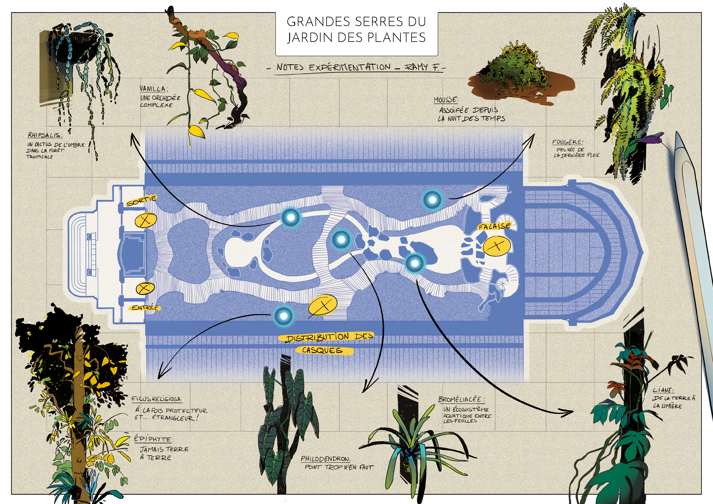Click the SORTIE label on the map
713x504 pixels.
tap(142, 200)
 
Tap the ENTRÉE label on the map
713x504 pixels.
tap(144, 307)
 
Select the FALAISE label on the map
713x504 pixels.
tap(494, 226)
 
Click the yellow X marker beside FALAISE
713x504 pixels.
tap(497, 246)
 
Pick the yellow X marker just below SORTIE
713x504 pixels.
tap(146, 220)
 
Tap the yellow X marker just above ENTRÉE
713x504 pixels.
tap(145, 288)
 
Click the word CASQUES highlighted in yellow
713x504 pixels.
tap(322, 350)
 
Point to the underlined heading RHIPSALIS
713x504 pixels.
tap(45, 135)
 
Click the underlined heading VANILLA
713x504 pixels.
tap(153, 89)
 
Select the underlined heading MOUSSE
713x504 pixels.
tap(446, 100)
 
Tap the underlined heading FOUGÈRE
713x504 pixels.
tap(567, 142)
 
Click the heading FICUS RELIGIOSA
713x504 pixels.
tap(157, 399)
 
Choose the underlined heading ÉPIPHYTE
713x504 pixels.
tap(153, 439)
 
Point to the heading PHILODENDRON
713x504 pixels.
tap(325, 459)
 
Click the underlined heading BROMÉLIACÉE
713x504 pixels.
tap(461, 399)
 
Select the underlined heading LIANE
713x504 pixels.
tap(663, 390)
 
